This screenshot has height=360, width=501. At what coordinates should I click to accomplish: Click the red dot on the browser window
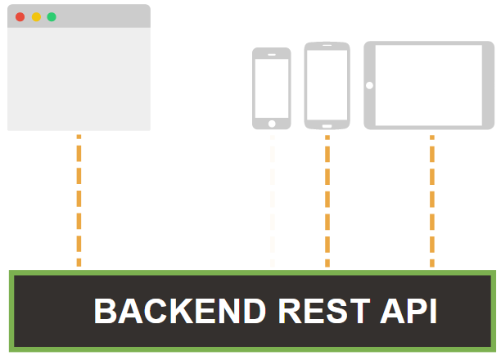pos(20,16)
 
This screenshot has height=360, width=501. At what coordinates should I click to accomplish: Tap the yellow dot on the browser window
pos(35,16)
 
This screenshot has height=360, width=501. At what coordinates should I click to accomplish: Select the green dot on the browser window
pos(52,16)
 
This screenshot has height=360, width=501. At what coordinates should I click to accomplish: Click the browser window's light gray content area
pos(79,79)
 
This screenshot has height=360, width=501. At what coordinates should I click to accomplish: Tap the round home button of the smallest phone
pos(272,124)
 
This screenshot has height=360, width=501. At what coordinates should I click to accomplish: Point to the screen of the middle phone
pos(327,84)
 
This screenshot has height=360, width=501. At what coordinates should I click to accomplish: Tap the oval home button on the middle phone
pos(327,125)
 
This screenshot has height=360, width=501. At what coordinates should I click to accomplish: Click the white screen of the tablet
pos(436,84)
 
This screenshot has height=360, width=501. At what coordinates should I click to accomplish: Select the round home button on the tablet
pos(370,85)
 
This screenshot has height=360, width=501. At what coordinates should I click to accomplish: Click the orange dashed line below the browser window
pos(79,200)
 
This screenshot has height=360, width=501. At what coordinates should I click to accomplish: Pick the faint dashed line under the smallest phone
pos(273,200)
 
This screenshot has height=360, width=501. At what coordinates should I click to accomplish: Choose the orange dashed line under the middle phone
pos(327,200)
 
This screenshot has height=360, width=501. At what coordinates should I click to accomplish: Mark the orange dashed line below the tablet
pos(432,200)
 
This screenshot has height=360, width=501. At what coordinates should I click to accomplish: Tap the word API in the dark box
pos(408,312)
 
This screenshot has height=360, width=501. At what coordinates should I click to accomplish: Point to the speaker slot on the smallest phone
pos(272,53)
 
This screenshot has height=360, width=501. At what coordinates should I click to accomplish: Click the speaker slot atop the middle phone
pos(327,47)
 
